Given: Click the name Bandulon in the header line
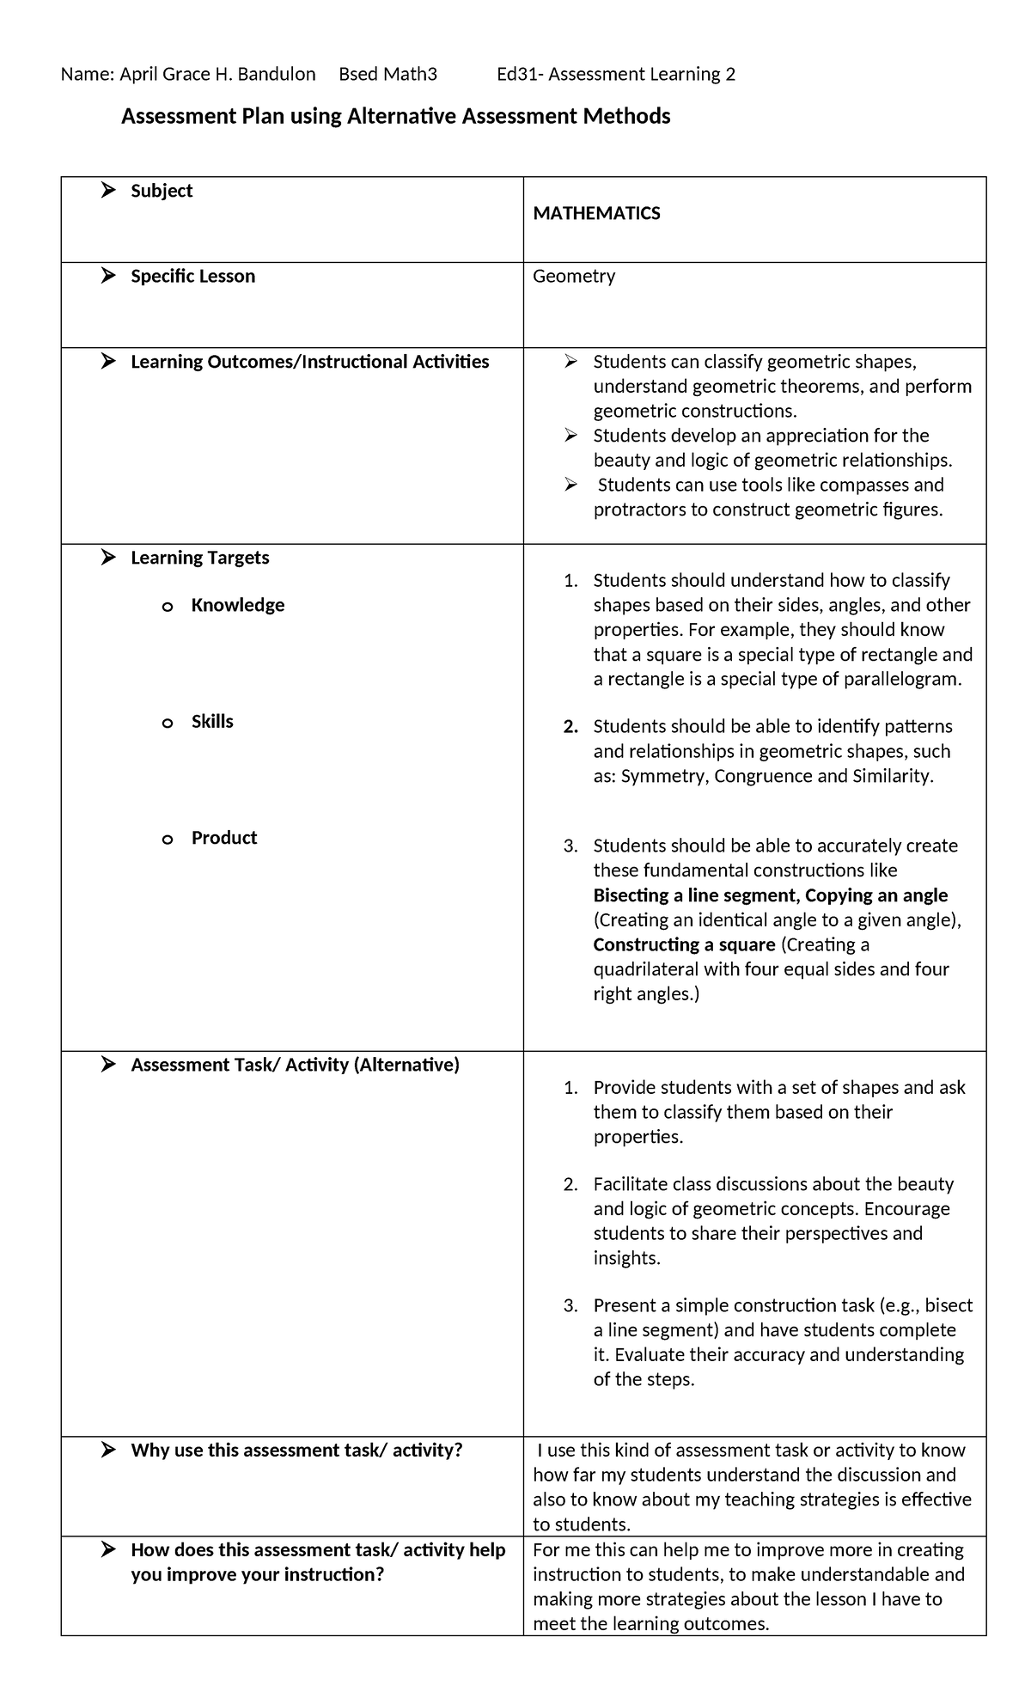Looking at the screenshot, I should [276, 75].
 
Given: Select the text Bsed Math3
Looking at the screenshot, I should [387, 75].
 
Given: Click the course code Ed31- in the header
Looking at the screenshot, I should [520, 75].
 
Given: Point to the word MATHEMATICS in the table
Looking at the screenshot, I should [596, 214].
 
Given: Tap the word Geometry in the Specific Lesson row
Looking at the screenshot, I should [574, 277].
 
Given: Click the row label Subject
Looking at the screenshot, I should [161, 191].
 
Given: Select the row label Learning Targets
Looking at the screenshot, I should [199, 558].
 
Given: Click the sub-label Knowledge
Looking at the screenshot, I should [237, 605].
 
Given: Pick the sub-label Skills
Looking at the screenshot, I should [212, 722].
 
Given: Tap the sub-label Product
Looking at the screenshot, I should [223, 838].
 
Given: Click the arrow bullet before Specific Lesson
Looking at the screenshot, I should [107, 276].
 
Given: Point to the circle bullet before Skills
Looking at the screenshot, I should [168, 724].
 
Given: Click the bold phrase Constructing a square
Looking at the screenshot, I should [684, 945].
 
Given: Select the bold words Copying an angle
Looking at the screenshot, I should [876, 895].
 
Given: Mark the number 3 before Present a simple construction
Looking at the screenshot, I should [570, 1306].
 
